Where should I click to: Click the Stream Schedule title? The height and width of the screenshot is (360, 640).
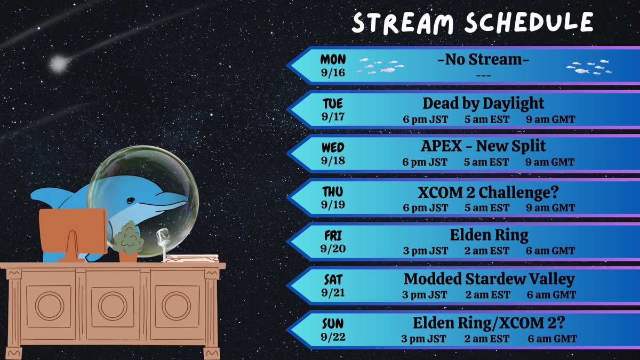(x=473, y=23)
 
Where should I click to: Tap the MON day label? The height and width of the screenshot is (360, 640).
(x=333, y=59)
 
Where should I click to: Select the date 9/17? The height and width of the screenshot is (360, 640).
(x=333, y=116)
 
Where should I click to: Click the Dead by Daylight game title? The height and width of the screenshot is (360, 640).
(x=483, y=103)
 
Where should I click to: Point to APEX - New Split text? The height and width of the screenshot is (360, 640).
(x=483, y=147)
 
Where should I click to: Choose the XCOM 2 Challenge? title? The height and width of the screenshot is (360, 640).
(x=483, y=191)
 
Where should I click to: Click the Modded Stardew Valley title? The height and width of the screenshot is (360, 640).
(x=489, y=279)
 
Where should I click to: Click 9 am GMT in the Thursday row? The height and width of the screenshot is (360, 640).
(x=550, y=208)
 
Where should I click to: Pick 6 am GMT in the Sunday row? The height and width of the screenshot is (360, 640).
(x=552, y=339)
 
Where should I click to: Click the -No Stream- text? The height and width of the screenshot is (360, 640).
(x=483, y=60)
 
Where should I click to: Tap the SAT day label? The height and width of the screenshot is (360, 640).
(x=333, y=279)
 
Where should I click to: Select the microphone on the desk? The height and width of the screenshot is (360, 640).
(x=163, y=238)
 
